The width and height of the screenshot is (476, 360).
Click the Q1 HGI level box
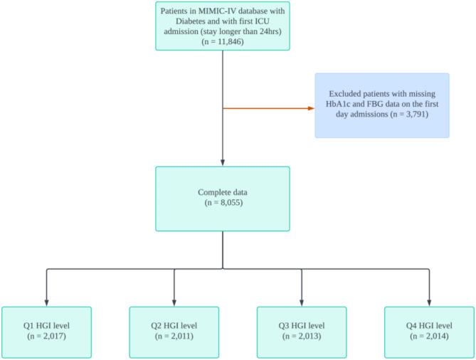(x=46, y=331)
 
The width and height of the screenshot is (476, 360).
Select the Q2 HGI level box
(x=174, y=331)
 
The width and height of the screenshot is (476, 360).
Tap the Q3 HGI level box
(x=301, y=331)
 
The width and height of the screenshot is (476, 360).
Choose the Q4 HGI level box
(x=428, y=331)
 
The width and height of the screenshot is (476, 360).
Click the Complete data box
(x=223, y=198)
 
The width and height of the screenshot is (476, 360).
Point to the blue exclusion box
(x=383, y=105)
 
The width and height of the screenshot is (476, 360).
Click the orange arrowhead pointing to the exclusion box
(x=311, y=109)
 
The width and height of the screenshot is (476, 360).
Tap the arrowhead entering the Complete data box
(x=223, y=163)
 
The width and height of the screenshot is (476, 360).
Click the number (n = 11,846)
(x=223, y=42)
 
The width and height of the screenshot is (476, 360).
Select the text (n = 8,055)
(x=223, y=203)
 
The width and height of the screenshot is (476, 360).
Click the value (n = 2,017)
(x=46, y=336)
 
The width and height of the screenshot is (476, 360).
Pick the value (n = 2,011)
(x=174, y=336)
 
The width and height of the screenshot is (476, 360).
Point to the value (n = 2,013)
(x=301, y=336)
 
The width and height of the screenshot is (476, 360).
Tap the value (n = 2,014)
(x=428, y=336)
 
